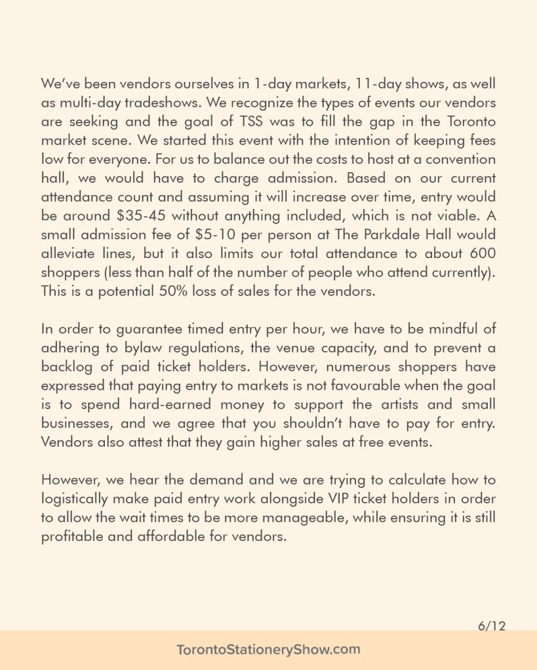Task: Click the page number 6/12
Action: [x=492, y=627]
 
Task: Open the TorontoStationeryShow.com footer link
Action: [x=268, y=650]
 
